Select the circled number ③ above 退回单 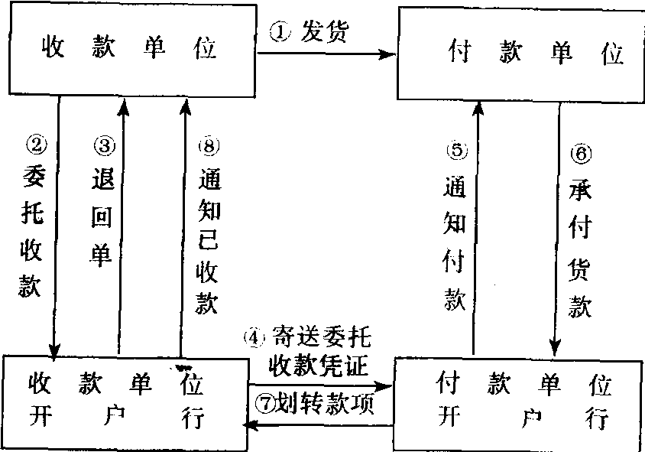tap(104, 144)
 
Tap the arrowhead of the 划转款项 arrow tap(249, 423)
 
